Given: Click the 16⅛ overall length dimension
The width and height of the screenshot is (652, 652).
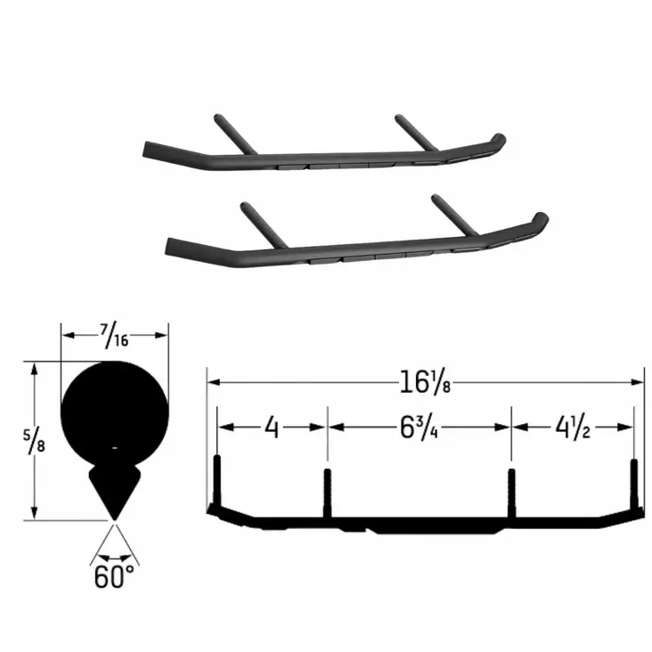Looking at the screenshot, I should [425, 382].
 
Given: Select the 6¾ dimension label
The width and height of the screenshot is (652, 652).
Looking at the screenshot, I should [419, 428].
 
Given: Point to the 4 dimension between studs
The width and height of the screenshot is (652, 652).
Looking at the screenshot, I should [273, 428].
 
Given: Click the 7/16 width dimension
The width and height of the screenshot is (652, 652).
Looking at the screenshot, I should [113, 336].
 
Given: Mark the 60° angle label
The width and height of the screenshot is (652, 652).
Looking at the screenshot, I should [114, 576].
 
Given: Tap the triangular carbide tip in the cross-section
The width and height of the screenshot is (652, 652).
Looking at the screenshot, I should [114, 490].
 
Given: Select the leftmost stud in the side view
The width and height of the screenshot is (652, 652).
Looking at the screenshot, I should [216, 481].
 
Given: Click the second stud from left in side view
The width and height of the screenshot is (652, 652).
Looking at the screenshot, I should [327, 490].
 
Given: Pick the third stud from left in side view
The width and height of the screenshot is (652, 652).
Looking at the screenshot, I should [511, 490].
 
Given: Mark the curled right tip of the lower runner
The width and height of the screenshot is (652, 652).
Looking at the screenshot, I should [539, 218].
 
